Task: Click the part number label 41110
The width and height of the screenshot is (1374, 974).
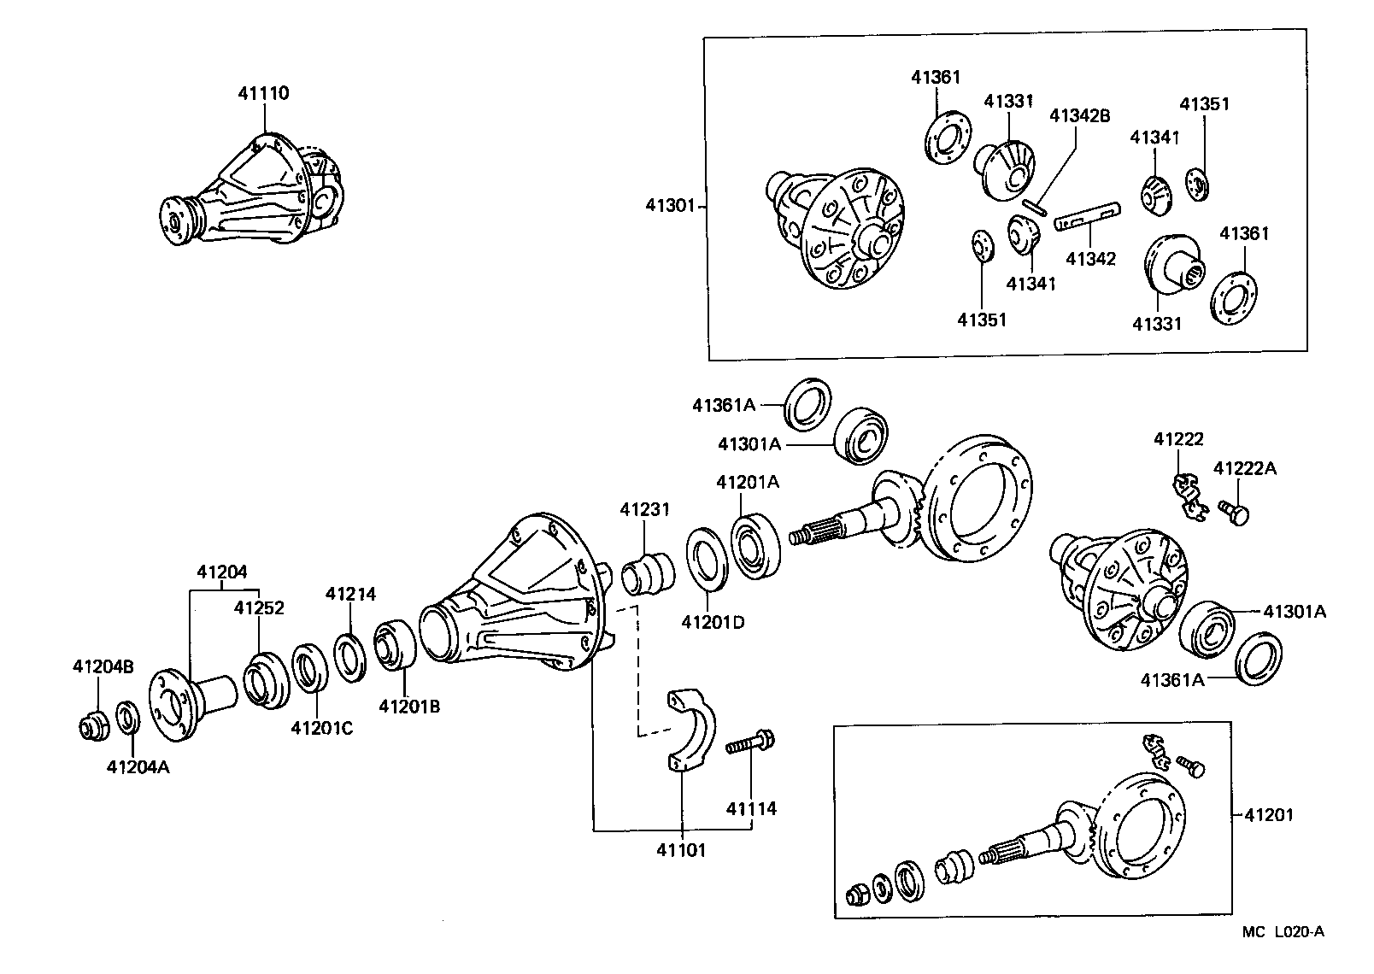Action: pos(263,93)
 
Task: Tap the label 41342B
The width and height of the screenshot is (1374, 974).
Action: pos(1079,115)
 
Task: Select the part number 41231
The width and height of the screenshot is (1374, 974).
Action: pos(644,509)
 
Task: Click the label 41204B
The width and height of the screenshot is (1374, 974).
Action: pos(103,667)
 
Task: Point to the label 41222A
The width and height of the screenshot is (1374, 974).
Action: pos(1245,468)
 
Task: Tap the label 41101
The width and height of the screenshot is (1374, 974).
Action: pos(681,850)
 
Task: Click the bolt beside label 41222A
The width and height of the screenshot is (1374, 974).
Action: pos(1236,513)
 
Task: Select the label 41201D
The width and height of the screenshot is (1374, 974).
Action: pos(713,622)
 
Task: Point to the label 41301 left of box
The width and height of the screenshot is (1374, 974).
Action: pos(672,205)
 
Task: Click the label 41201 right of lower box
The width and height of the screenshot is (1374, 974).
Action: pos(1268,815)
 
